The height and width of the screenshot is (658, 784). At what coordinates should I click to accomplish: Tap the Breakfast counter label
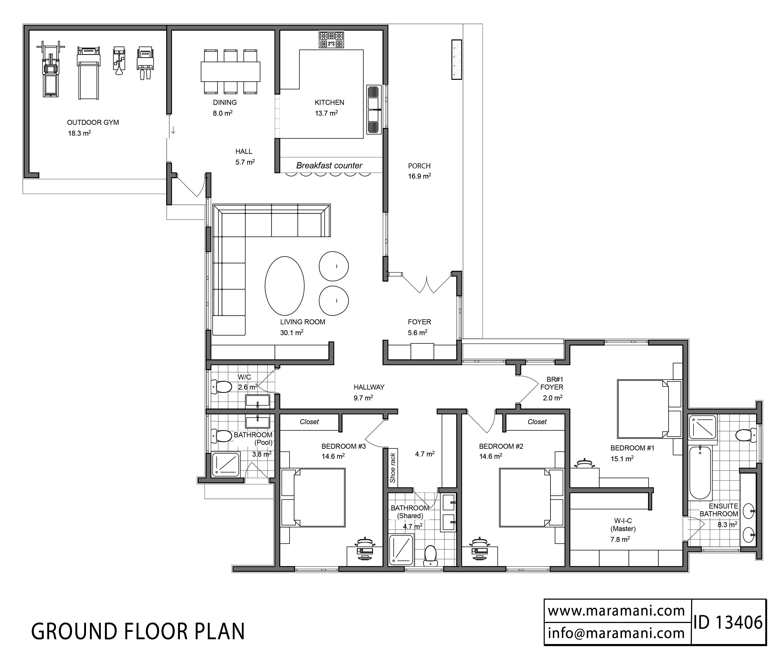(x=329, y=165)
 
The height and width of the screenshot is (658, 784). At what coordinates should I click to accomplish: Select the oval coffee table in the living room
(x=284, y=286)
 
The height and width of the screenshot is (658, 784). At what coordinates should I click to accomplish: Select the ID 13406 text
(x=728, y=623)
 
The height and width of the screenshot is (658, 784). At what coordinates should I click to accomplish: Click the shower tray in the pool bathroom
(x=226, y=465)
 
